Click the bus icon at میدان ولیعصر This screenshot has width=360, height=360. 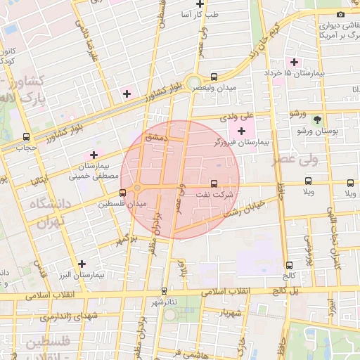[214, 77]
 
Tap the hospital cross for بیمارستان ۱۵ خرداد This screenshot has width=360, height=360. [295, 63]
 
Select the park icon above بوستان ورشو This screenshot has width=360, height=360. [317, 119]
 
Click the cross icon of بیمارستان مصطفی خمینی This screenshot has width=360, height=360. [93, 154]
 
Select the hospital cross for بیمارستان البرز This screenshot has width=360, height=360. [82, 264]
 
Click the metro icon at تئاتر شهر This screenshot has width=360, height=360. [164, 290]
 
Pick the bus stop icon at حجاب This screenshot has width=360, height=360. [26, 137]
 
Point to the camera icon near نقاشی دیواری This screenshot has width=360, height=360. [340, 14]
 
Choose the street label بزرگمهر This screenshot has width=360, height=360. [124, 236]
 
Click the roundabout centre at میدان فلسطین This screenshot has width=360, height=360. [137, 187]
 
